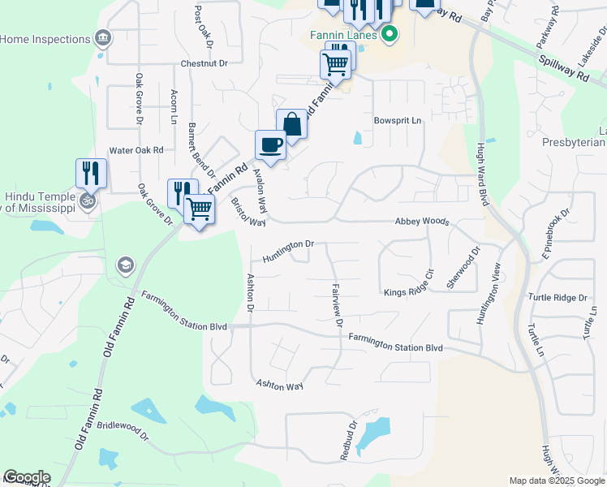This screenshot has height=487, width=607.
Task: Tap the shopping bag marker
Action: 292,124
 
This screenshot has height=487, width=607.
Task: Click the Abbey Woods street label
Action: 421,221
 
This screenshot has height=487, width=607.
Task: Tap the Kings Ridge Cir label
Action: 415,291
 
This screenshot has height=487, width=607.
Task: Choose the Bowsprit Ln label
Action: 398,121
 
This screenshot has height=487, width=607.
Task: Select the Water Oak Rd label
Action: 136,150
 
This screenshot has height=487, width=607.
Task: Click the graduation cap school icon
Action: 125,265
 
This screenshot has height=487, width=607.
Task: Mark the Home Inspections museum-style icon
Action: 102,38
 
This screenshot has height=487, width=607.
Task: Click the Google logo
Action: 27,477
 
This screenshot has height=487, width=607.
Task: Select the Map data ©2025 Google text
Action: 557,481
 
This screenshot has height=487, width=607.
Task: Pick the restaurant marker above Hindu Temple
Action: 90,173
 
